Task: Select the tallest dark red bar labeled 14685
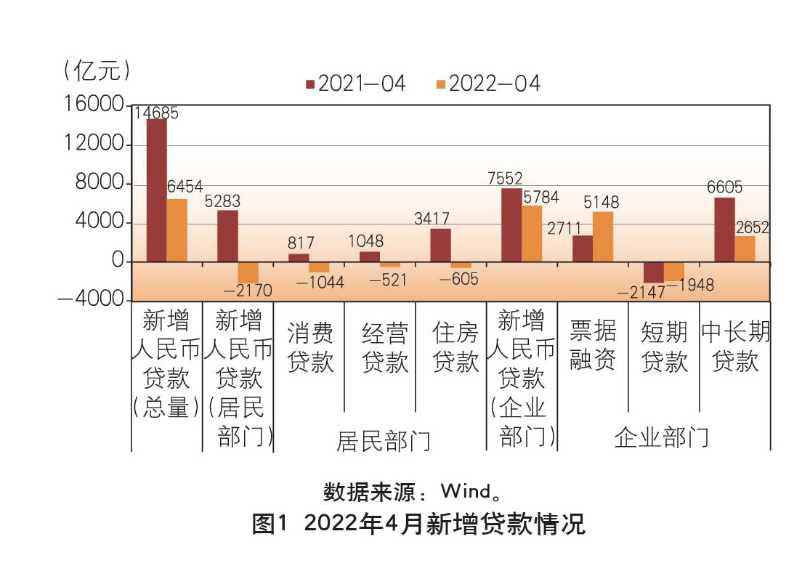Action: click(156, 190)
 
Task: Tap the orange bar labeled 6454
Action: click(177, 230)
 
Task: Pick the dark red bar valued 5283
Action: click(227, 235)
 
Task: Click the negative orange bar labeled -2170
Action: click(248, 272)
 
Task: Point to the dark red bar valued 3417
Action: click(440, 245)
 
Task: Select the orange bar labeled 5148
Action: click(603, 236)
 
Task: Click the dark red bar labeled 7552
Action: click(511, 224)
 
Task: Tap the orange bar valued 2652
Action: click(745, 248)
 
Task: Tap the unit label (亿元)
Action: click(97, 70)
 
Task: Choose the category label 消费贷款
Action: click(310, 347)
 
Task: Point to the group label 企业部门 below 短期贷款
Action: click(661, 437)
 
